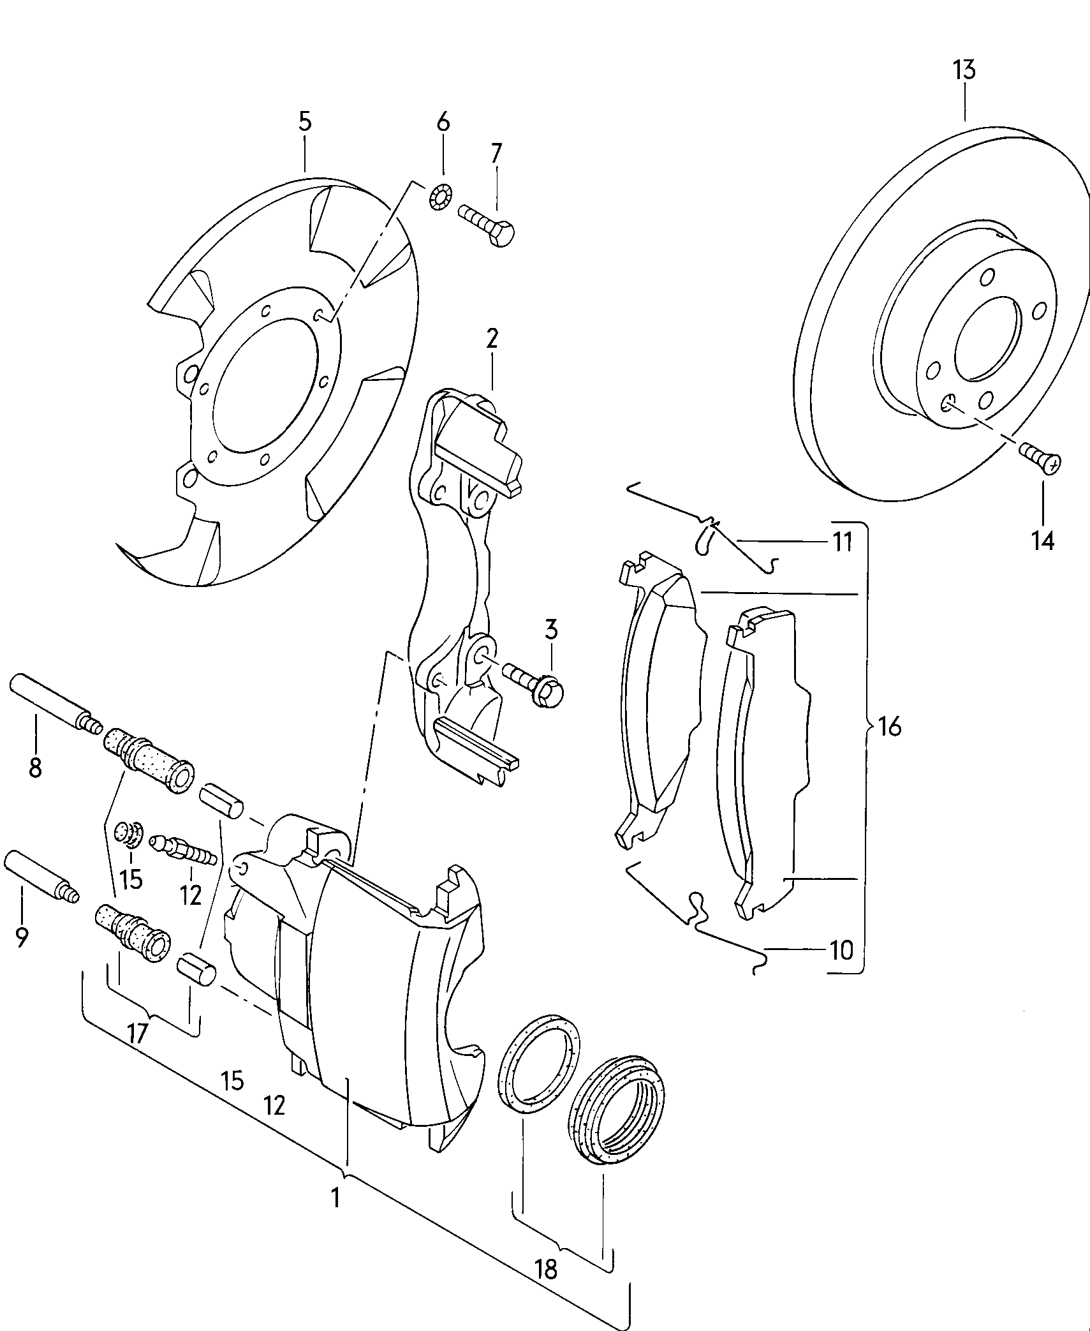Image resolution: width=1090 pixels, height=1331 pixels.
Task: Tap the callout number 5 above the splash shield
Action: (x=305, y=121)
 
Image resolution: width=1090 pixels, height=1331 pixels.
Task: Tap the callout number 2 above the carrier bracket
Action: (x=491, y=339)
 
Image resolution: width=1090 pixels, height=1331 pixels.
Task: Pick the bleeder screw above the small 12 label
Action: (x=182, y=849)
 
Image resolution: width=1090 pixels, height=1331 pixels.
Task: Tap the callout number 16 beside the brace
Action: (x=889, y=726)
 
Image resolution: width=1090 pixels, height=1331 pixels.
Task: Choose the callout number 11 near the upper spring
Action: (x=843, y=543)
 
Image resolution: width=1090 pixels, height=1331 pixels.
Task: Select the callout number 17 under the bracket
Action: (x=138, y=1032)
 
